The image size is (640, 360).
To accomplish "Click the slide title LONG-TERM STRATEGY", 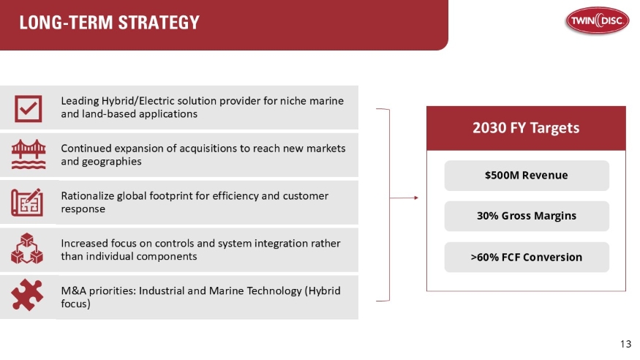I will pyautogui.click(x=109, y=23).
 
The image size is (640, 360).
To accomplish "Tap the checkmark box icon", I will pyautogui.click(x=28, y=108).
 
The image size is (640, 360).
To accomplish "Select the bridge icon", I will pyautogui.click(x=28, y=154).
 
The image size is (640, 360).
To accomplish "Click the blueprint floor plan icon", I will pyautogui.click(x=28, y=202).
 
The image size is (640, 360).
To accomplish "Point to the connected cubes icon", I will pyautogui.click(x=28, y=250).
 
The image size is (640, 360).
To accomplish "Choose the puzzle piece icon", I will pyautogui.click(x=28, y=296).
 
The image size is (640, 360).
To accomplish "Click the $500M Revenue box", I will pyautogui.click(x=526, y=176).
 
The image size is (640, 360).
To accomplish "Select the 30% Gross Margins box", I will pyautogui.click(x=526, y=216).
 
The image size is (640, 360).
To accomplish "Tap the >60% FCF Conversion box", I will pyautogui.click(x=526, y=257).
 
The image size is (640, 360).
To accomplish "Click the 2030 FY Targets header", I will pyautogui.click(x=526, y=128).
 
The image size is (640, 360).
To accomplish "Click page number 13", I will pyautogui.click(x=625, y=344).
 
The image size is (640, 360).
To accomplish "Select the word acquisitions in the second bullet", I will pyautogui.click(x=192, y=148).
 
